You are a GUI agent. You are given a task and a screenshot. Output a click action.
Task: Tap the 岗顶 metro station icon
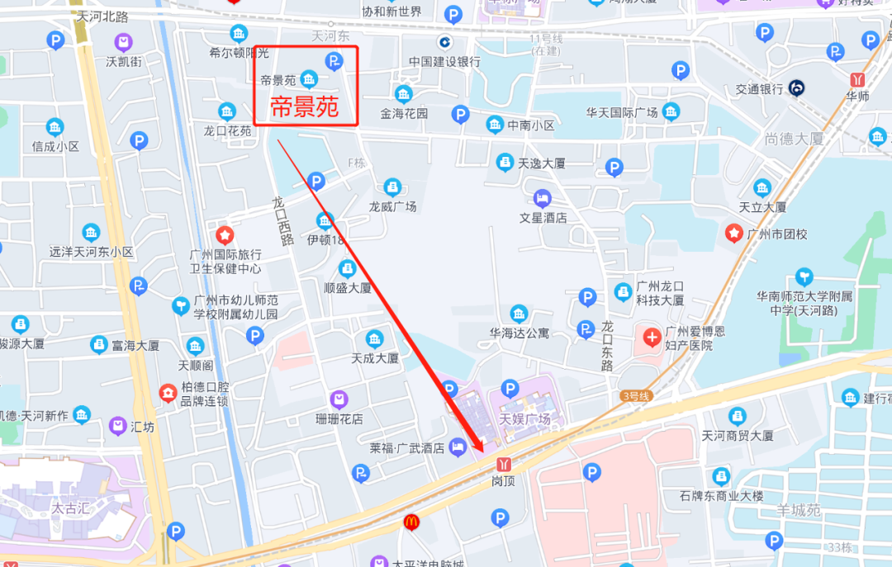(503, 464)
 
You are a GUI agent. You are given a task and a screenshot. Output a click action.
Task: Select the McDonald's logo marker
(411, 522)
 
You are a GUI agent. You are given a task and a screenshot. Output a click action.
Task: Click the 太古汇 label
(70, 508)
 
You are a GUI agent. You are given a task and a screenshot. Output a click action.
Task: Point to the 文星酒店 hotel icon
(543, 198)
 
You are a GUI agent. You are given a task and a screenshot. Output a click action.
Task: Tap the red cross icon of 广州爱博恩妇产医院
(652, 336)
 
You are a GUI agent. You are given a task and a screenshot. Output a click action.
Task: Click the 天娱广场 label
(524, 419)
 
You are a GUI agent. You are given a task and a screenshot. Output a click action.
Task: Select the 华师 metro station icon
(859, 79)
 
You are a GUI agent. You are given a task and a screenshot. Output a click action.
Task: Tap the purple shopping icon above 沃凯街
(123, 42)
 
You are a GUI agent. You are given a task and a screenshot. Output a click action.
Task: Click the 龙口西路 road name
(283, 221)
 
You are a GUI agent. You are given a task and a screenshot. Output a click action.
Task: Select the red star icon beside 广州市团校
(733, 234)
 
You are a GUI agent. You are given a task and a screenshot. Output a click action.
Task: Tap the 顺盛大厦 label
(348, 288)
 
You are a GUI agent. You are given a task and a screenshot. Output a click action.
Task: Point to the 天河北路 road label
(104, 16)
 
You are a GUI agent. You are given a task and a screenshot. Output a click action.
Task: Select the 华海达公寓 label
(519, 333)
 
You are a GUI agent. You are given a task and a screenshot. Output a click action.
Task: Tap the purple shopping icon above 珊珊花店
(339, 399)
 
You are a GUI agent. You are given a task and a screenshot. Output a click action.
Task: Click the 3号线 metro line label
(637, 396)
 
